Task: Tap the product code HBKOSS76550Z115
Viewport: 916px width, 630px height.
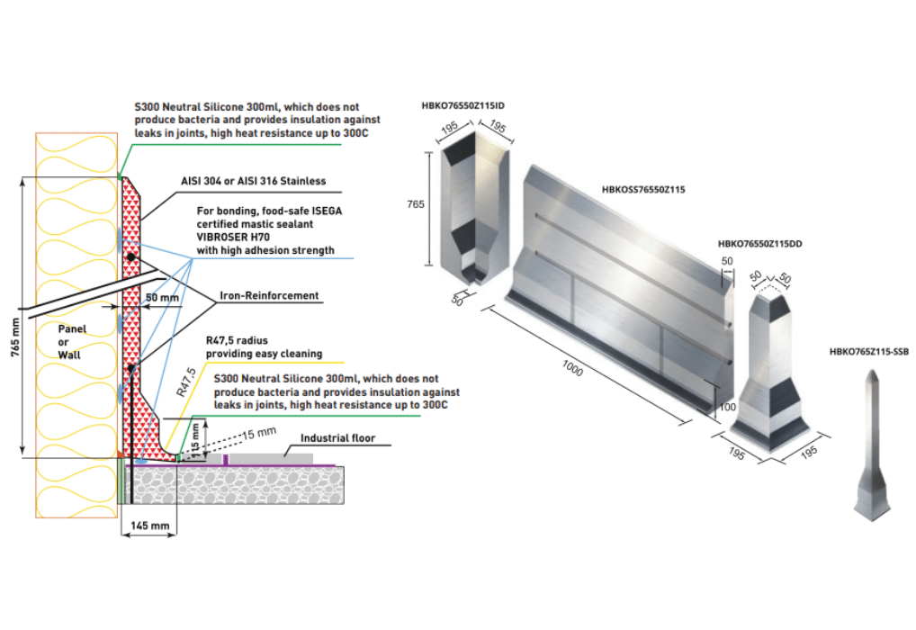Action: click(643, 190)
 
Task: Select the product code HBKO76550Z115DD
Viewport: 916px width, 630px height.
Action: click(760, 245)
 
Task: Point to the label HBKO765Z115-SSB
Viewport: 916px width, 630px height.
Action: click(868, 352)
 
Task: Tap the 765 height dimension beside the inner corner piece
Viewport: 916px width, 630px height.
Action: click(415, 205)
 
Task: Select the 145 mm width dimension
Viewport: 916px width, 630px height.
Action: click(148, 525)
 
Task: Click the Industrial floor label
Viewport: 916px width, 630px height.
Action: click(337, 438)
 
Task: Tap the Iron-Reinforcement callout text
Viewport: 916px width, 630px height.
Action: click(268, 295)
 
